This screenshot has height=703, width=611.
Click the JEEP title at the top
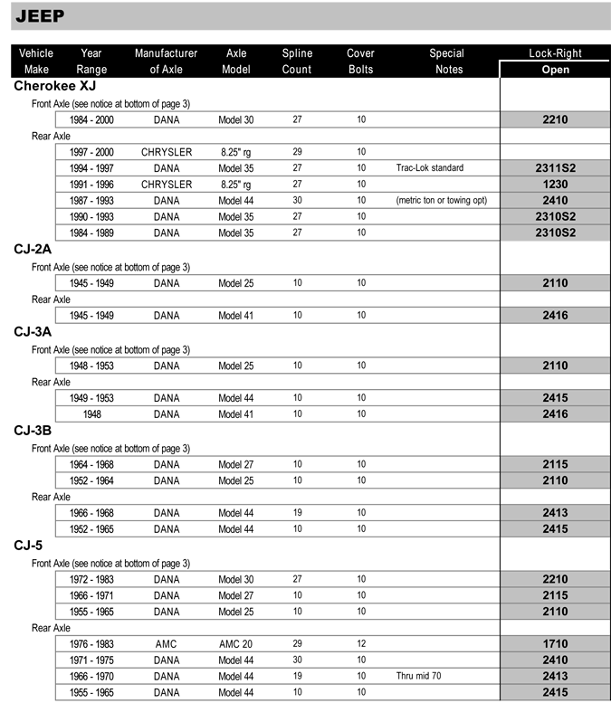(41, 15)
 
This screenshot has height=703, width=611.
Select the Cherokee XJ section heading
(54, 86)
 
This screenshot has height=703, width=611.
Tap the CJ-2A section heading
(33, 250)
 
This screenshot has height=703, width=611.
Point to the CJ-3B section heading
(33, 431)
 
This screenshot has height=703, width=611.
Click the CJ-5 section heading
(28, 546)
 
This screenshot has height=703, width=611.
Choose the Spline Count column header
(297, 61)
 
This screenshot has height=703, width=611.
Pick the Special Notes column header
(446, 61)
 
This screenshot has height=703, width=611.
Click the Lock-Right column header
(555, 53)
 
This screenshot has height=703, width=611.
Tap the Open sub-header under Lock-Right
(555, 69)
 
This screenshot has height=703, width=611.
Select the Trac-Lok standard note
(429, 168)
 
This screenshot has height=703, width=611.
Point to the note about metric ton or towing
(441, 201)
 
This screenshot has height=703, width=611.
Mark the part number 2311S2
(555, 168)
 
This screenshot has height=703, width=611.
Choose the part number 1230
(555, 185)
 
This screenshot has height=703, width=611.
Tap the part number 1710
(555, 644)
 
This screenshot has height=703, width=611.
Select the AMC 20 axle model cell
(235, 644)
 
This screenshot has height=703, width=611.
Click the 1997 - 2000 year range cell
(91, 152)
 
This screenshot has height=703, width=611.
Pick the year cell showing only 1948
(91, 414)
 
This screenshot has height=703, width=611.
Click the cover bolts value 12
(361, 644)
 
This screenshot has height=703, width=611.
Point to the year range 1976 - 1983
(91, 644)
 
